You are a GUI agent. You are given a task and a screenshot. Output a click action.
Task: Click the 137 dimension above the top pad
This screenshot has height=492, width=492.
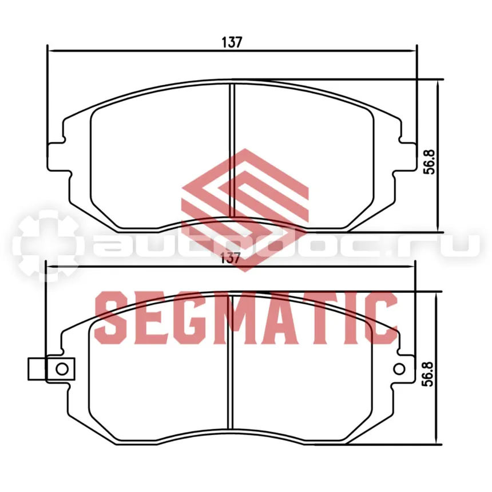(x=232, y=42)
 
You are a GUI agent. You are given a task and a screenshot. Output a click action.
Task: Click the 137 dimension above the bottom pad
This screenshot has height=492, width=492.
(x=231, y=258)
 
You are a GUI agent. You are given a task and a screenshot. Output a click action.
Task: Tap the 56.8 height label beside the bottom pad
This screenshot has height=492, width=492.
(x=428, y=374)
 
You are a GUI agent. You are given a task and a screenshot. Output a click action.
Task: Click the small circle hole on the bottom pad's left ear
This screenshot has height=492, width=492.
(x=62, y=369)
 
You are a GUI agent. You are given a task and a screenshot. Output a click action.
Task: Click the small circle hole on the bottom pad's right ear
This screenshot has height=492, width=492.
(x=399, y=368)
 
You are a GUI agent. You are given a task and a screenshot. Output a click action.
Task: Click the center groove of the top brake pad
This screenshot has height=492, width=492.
(x=232, y=150)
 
